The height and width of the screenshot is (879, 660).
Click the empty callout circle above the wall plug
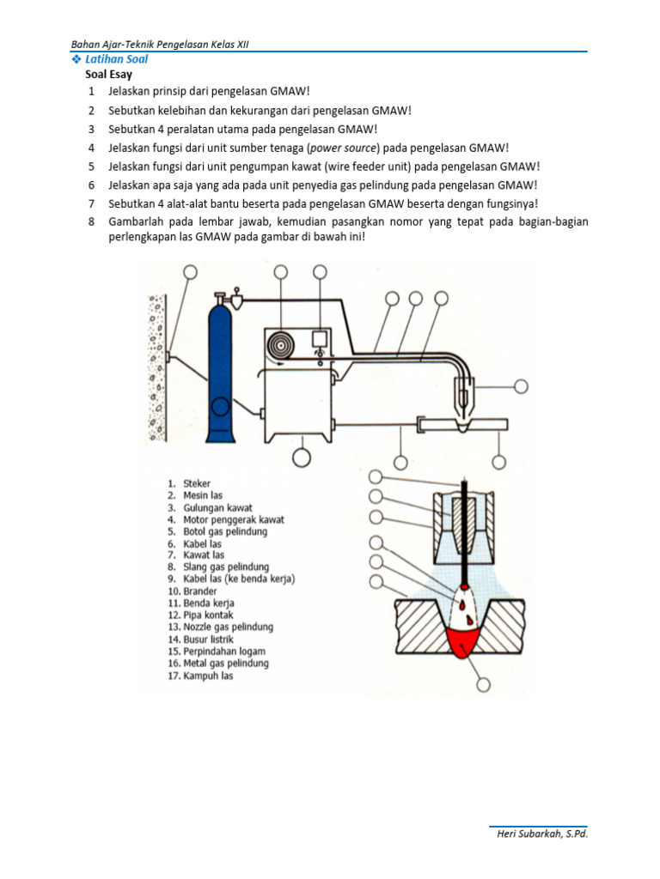click(x=190, y=272)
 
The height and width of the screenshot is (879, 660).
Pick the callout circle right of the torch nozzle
click(x=522, y=386)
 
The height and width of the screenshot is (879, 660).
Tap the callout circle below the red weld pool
click(x=482, y=684)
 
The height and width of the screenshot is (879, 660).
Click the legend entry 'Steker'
click(x=196, y=484)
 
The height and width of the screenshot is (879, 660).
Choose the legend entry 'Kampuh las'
click(x=207, y=676)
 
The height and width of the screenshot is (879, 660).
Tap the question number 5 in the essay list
click(x=90, y=167)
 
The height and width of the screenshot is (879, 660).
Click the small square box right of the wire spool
click(x=321, y=336)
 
